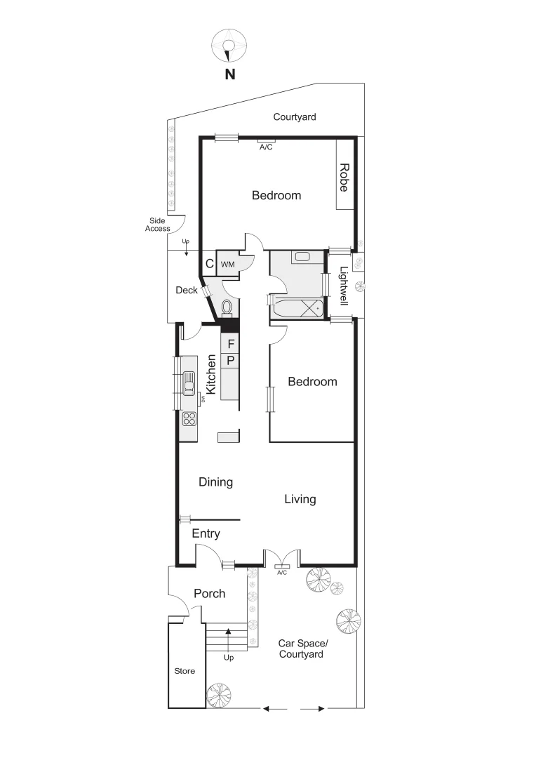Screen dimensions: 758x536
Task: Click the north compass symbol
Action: point(229,45)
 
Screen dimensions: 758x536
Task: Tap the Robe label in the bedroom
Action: point(344,178)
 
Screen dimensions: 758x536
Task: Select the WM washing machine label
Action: point(227,265)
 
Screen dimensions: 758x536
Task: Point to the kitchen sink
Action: point(189,383)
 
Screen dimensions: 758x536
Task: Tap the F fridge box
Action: point(230,344)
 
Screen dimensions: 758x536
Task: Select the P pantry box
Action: point(230,361)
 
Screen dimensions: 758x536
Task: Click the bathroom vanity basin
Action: point(303,257)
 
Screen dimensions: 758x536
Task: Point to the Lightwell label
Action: point(344,286)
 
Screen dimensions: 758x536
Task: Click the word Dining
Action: point(215,482)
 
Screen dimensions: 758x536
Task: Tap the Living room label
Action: point(300,499)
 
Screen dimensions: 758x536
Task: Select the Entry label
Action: point(206,534)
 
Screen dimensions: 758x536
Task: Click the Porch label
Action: point(209,594)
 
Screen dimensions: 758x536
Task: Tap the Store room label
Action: point(185,671)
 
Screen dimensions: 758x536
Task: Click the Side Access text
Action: point(158,225)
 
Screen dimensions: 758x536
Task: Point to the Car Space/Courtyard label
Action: point(300,649)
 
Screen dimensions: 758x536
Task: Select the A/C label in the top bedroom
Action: point(266,147)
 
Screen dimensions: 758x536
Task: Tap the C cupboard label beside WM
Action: point(209,265)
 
